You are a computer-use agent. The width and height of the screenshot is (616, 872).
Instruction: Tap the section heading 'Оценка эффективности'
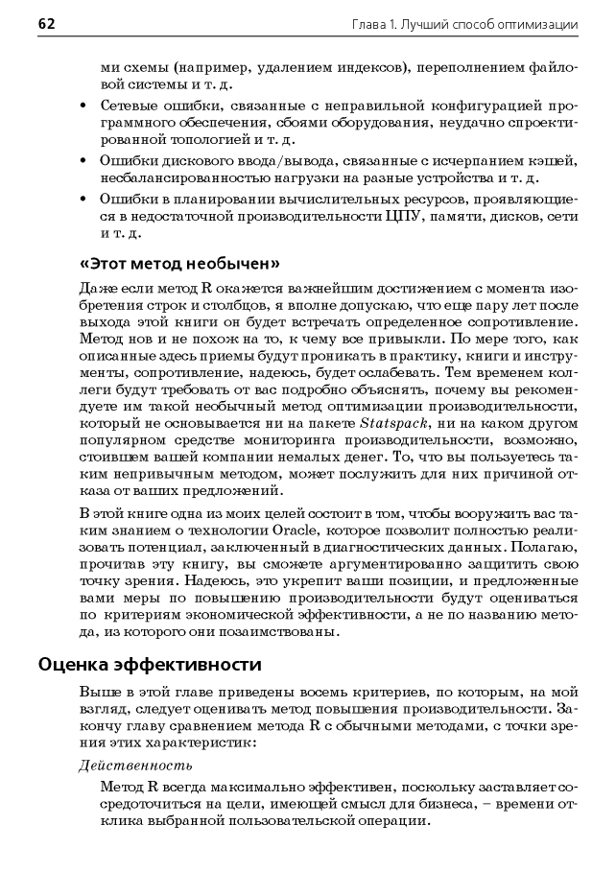(x=150, y=664)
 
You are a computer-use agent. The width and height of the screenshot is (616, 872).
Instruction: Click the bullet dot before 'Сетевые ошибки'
(x=84, y=106)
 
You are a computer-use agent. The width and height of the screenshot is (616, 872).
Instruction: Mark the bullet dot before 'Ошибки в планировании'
(x=84, y=199)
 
